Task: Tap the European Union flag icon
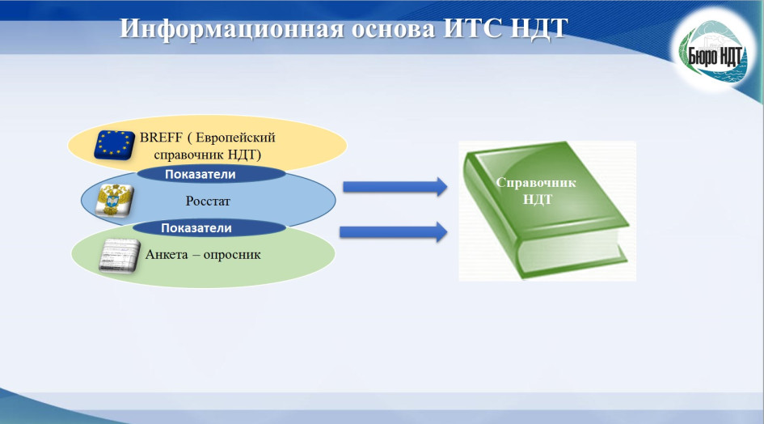tap(115, 145)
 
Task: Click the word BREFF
tap(161, 138)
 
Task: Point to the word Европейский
tap(235, 138)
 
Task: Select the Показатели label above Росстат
tap(200, 174)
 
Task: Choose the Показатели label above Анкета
tap(196, 228)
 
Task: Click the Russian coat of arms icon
tap(115, 200)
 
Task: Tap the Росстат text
tap(208, 201)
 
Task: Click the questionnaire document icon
tap(120, 256)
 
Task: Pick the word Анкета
tap(167, 254)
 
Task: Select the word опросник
tap(232, 255)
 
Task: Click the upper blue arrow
tap(395, 187)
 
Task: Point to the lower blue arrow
tap(393, 231)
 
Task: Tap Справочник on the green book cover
tap(536, 183)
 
